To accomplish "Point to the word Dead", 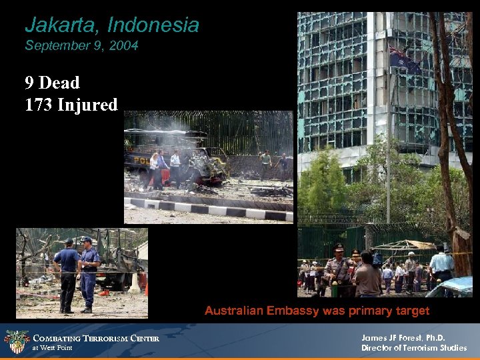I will pos(59,83).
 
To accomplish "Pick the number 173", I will pos(39,105).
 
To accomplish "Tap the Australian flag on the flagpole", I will pos(404,61).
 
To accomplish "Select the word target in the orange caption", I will pos(411,311).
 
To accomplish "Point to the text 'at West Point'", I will pos(52,348).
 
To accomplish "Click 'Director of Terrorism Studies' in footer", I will pos(413,348).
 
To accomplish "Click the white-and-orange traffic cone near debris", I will pos(135,284).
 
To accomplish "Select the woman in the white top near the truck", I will pos(154,167).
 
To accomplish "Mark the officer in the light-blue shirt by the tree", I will pos(441,263).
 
